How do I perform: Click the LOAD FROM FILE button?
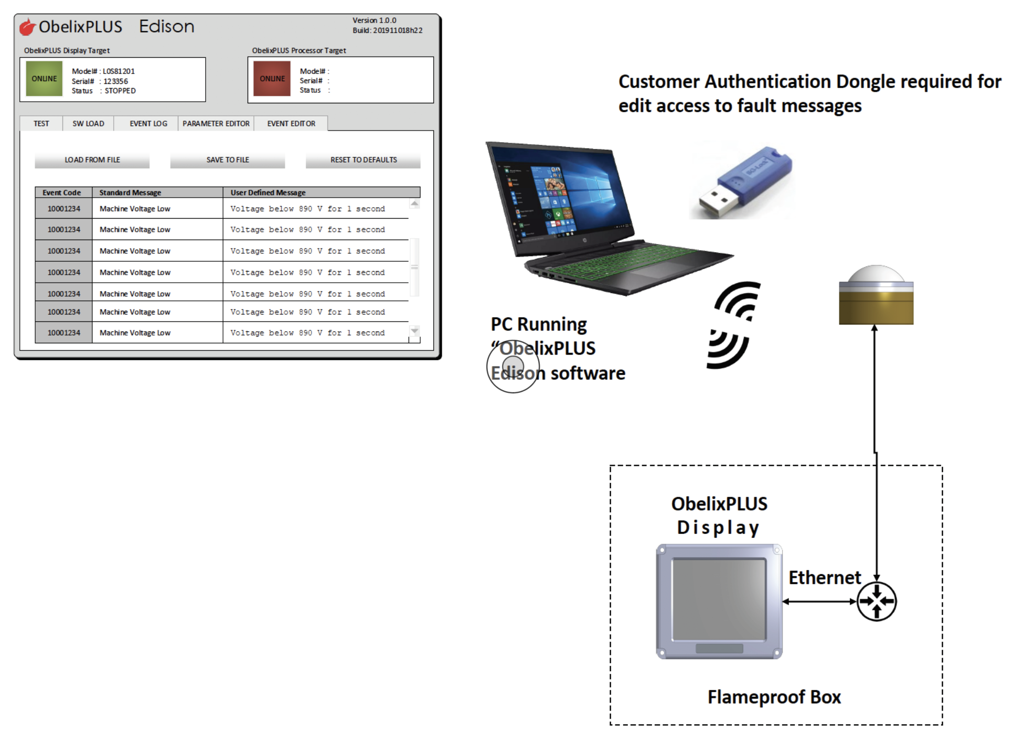click(x=92, y=160)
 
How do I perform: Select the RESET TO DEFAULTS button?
click(x=363, y=160)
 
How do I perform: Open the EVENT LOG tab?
click(x=148, y=124)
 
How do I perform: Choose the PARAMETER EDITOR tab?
click(x=216, y=124)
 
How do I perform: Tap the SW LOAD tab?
click(x=88, y=124)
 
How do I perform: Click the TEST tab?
click(x=41, y=124)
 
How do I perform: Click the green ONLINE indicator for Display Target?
click(x=44, y=79)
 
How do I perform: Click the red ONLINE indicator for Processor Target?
click(x=272, y=79)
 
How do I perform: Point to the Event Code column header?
click(x=62, y=192)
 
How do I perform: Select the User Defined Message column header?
click(x=268, y=192)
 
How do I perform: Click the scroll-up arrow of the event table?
click(x=414, y=203)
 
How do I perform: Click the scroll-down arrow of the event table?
click(x=414, y=331)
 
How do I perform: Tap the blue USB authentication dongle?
click(x=745, y=181)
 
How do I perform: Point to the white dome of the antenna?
click(x=876, y=274)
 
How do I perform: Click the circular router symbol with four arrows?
click(x=876, y=601)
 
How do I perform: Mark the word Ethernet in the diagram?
click(x=825, y=577)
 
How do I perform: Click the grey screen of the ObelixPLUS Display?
click(x=719, y=598)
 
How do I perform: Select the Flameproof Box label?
click(x=774, y=697)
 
